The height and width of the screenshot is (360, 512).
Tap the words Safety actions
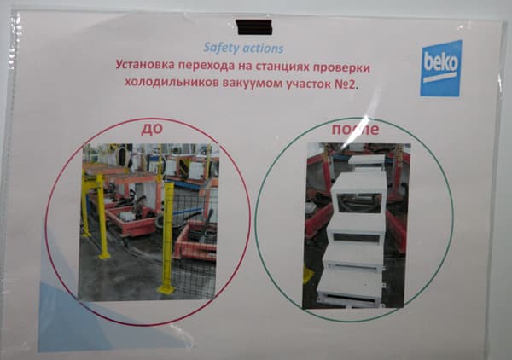tap(244, 49)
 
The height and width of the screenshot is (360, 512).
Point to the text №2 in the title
tap(345, 84)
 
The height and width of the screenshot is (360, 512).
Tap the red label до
tap(152, 130)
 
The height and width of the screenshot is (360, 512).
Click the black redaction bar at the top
tap(253, 27)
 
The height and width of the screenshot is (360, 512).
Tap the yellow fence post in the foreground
tap(167, 239)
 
